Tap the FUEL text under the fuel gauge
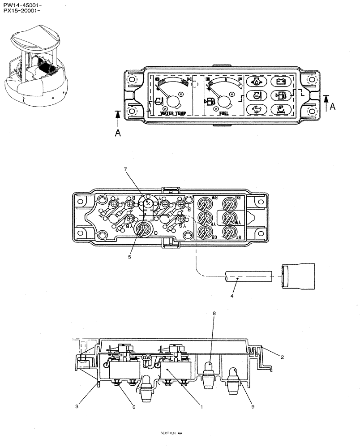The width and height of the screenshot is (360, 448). (x=224, y=114)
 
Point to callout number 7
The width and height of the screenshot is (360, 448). (x=126, y=169)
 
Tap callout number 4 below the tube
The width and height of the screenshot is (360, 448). (x=232, y=296)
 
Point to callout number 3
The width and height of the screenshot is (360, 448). (x=77, y=406)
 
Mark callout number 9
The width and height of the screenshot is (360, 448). (x=253, y=406)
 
